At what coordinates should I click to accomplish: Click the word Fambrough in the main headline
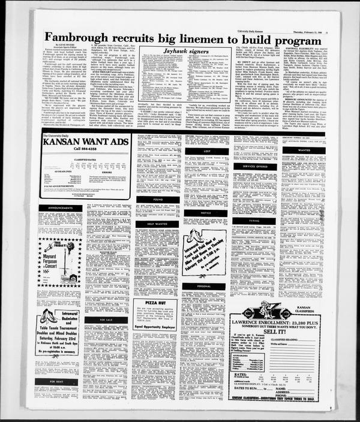coord(80,37)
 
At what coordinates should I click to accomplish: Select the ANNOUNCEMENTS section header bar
coord(60,209)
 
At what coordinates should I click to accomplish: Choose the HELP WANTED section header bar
coord(149,224)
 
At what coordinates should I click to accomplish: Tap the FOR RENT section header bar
coord(60,381)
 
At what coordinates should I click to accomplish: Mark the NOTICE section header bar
coord(204,213)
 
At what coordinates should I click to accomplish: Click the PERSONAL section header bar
coord(204,287)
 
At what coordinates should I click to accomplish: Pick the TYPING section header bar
coord(247,221)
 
